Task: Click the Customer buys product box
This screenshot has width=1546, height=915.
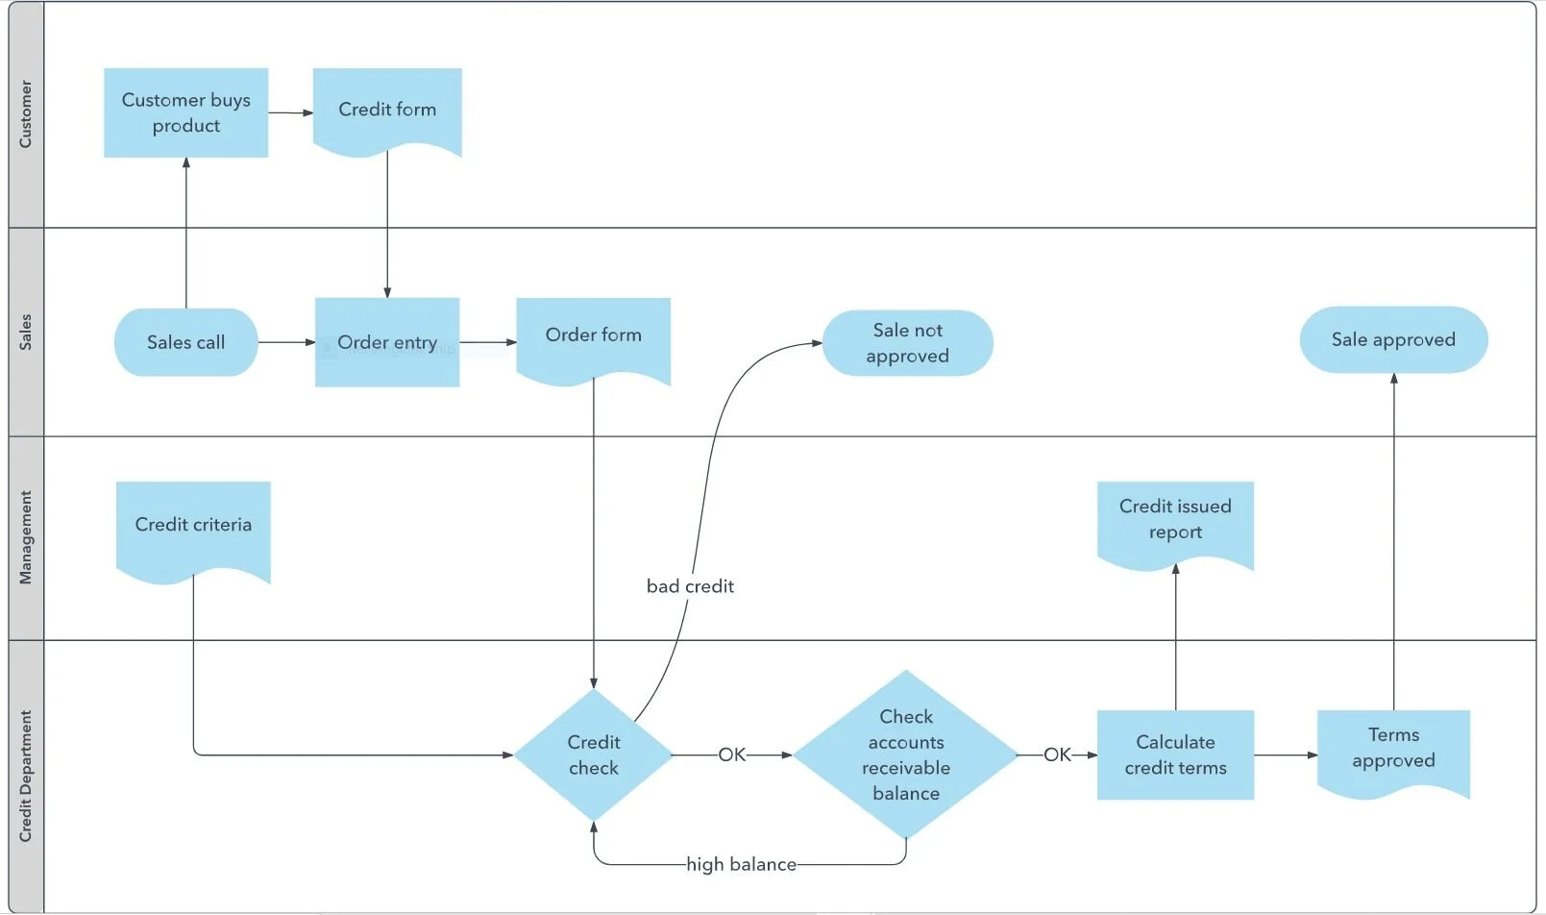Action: pos(185,112)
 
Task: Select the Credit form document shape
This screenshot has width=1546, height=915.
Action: pos(387,111)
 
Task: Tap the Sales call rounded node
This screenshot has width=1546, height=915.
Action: pos(185,342)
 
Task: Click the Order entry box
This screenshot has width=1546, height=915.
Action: pos(387,342)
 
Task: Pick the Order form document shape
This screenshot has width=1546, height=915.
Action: pos(594,338)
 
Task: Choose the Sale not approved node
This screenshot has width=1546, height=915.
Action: pos(908,342)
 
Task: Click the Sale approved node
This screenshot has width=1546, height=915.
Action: pos(1393,339)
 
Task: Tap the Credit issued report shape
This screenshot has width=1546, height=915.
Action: pos(1175,524)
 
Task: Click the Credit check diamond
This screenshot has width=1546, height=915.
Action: pos(594,754)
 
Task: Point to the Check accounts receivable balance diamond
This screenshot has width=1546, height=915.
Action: pos(906,754)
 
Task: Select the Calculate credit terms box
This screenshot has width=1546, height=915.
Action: pos(1175,754)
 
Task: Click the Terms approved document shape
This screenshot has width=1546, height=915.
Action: pos(1393,752)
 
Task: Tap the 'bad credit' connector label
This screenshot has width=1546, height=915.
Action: pos(690,586)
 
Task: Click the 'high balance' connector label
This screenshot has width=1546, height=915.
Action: pos(741,865)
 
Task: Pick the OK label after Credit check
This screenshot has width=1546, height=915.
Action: pos(732,754)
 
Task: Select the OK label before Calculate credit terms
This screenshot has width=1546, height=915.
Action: pos(1057,754)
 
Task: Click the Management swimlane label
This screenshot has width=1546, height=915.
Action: pos(26,537)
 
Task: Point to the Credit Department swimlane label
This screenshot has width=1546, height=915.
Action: pos(26,777)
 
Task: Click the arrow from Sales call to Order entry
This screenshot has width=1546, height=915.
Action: pos(286,342)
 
